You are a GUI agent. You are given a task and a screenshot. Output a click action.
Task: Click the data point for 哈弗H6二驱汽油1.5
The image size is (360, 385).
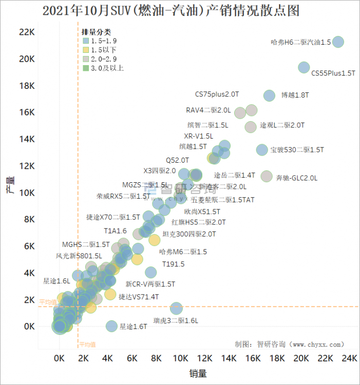tap(338, 42)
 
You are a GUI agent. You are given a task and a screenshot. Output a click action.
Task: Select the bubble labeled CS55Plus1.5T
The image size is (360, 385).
tap(304, 67)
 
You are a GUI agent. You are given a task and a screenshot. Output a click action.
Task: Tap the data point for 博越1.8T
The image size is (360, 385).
tap(269, 95)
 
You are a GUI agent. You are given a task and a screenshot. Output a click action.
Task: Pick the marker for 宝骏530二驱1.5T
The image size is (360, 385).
tap(262, 150)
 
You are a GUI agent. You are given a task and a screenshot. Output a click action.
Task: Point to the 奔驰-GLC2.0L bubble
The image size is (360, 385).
tap(267, 177)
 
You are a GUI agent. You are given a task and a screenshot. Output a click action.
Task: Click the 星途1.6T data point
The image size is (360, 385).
tap(111, 326)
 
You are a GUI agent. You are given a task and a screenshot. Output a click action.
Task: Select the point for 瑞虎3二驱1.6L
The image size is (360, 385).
tap(176, 309)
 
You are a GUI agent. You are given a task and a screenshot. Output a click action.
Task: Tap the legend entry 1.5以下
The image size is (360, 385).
tap(103, 50)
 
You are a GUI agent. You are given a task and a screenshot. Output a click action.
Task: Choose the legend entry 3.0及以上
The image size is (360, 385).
tap(107, 68)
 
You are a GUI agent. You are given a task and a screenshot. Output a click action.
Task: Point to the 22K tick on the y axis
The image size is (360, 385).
tap(27, 32)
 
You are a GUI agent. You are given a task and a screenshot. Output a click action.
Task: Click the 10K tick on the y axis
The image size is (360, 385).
tap(27, 192)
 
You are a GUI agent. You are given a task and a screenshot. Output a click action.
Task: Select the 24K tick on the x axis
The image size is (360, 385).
tap(349, 358)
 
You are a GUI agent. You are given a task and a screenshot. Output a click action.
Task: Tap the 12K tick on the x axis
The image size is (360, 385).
tap(204, 358)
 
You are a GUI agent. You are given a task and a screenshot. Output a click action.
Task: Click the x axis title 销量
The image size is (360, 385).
tap(198, 374)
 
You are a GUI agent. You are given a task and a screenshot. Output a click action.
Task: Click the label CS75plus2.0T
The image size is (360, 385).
tap(217, 94)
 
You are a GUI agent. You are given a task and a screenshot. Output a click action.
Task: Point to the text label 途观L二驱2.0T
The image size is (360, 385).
tap(282, 125)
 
